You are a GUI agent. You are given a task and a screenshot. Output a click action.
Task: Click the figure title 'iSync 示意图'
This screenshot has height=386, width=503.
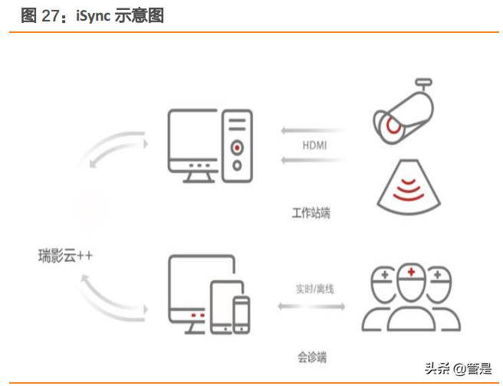click(120, 15)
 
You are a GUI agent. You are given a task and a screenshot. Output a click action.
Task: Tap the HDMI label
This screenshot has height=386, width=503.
click(314, 146)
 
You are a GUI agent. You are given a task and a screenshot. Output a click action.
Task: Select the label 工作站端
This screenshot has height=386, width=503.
click(311, 213)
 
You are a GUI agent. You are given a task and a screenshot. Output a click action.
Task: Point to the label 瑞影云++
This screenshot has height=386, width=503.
click(65, 256)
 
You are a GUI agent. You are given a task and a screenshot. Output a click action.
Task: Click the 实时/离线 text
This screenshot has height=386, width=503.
click(314, 289)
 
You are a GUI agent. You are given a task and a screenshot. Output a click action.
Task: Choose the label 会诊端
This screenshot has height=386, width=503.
click(312, 357)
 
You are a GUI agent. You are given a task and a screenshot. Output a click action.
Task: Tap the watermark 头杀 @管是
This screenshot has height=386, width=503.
click(458, 368)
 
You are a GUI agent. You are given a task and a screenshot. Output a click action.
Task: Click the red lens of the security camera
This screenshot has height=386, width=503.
click(393, 125)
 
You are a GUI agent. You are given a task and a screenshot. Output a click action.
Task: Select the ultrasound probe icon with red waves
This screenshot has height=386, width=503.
click(409, 187)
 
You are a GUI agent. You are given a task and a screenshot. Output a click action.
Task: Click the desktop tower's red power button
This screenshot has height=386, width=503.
click(237, 148)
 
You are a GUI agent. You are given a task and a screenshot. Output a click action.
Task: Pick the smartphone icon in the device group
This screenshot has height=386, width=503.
click(242, 315)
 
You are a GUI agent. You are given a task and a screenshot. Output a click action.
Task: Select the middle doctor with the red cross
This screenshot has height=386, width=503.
click(411, 298)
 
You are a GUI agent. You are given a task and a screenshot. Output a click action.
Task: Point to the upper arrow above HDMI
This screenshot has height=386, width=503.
click(313, 130)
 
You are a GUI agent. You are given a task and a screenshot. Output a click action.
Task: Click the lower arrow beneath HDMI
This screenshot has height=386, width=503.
click(313, 159)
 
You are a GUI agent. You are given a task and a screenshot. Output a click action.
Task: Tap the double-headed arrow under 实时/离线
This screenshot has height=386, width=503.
click(311, 306)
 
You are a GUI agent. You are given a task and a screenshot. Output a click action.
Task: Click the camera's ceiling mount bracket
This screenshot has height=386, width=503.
click(424, 84)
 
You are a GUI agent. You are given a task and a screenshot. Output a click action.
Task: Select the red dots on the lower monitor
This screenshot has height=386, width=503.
click(198, 316)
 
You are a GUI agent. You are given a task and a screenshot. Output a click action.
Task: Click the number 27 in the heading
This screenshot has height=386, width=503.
click(51, 15)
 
